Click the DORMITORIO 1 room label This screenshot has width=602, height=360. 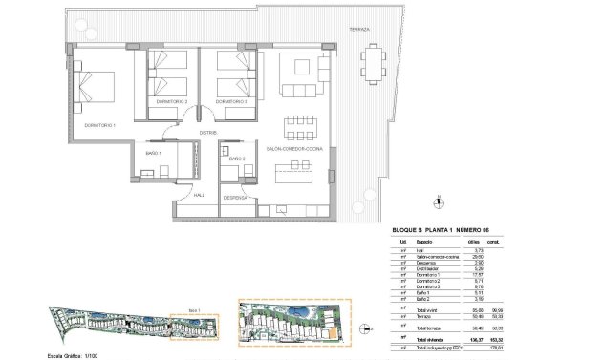point(99,125)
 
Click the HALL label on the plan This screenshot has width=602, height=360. point(200,195)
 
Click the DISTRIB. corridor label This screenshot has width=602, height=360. point(209,133)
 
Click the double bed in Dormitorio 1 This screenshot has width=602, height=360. point(98,92)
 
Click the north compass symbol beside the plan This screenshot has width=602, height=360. point(437,201)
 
